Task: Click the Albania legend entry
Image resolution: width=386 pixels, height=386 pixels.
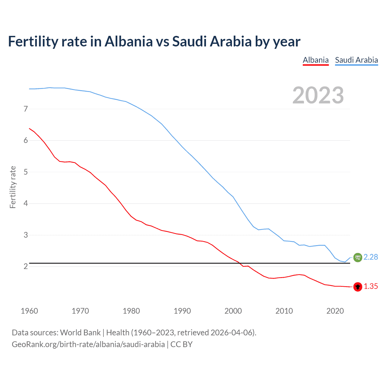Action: click(315, 60)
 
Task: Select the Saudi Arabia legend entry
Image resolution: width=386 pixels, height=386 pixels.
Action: click(356, 60)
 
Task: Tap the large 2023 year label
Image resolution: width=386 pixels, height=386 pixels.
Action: click(318, 95)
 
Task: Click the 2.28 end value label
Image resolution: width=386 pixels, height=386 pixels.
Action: click(371, 257)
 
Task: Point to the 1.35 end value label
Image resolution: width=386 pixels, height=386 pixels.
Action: click(371, 286)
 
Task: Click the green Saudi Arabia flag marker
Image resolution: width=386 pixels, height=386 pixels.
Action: click(357, 257)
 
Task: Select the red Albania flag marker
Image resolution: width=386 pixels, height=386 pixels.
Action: click(358, 287)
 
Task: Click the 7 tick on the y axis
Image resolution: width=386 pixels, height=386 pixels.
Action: click(26, 109)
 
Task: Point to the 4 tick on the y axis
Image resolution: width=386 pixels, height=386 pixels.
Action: click(26, 204)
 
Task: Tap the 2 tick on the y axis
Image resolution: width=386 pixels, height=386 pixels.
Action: click(26, 267)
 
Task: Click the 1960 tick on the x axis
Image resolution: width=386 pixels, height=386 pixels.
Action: click(29, 311)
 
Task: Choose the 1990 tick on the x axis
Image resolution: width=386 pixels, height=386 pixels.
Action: click(182, 311)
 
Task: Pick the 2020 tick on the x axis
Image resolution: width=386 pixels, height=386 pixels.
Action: click(335, 311)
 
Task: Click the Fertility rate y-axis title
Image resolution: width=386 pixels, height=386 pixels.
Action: click(13, 187)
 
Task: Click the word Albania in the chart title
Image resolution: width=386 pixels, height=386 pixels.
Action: click(129, 41)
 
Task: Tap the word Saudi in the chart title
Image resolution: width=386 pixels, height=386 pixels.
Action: click(189, 41)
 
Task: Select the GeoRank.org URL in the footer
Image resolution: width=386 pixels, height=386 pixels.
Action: click(88, 344)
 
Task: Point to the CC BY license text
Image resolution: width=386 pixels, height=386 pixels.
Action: click(182, 344)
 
